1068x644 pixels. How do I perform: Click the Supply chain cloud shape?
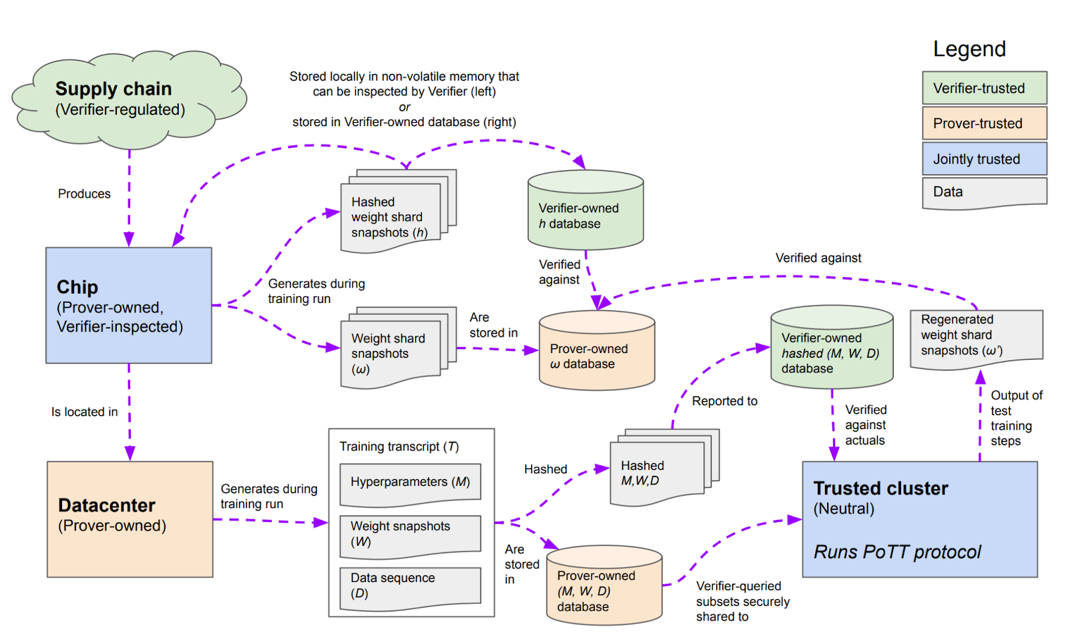[x=127, y=100]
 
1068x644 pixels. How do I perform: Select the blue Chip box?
[x=128, y=305]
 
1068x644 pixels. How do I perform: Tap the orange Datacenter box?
[x=129, y=519]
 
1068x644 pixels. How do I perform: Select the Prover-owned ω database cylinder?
[x=596, y=353]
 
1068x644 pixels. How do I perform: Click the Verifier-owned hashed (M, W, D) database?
[x=831, y=350]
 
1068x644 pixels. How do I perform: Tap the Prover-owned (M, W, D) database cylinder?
[x=603, y=588]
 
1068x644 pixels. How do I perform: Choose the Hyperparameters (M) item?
[x=410, y=483]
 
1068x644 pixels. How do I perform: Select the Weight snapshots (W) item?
[x=410, y=535]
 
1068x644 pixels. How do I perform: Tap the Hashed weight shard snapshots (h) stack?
[x=391, y=217]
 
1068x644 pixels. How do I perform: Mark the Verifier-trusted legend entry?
[x=984, y=88]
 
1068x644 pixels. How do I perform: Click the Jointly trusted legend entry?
[x=984, y=159]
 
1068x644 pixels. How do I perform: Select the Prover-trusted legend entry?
[x=984, y=123]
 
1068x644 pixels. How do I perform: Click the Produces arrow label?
[x=84, y=194]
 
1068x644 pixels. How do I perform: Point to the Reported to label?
[x=724, y=401]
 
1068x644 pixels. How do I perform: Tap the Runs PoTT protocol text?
[x=897, y=552]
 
